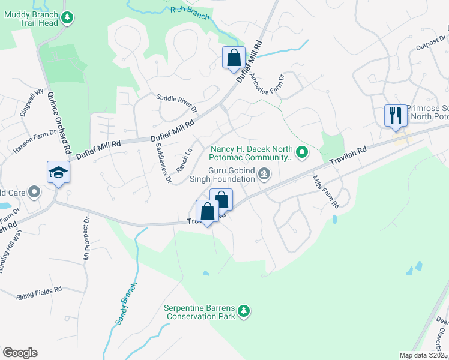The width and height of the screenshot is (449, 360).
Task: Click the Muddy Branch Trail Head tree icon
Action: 68,18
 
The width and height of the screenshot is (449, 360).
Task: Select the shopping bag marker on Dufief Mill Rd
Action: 234,59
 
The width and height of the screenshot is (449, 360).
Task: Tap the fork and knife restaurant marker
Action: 396,115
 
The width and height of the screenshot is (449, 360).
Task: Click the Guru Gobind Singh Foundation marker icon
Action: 264,175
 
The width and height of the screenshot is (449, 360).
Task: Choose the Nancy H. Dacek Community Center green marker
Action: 303,153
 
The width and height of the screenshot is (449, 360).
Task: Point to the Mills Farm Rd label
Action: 326,191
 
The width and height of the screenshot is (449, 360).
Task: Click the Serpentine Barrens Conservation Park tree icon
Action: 243,311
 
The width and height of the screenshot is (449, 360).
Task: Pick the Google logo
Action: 20,352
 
